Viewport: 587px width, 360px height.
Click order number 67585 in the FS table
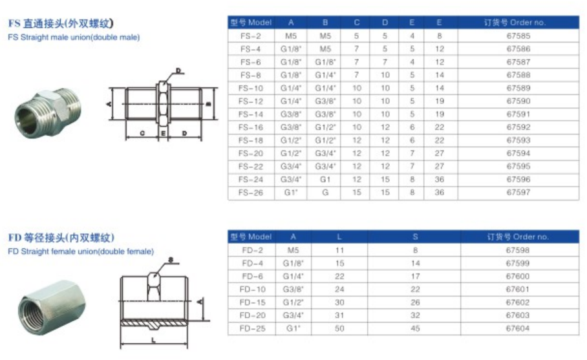coord(518,36)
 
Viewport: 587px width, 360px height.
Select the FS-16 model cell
coord(250,127)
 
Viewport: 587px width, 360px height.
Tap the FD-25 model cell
coord(252,328)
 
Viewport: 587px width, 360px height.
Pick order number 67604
coord(517,328)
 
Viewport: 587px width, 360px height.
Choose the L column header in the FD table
coord(339,237)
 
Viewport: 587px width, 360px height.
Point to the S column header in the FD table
coord(415,237)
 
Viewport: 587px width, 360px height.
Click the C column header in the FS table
coord(356,23)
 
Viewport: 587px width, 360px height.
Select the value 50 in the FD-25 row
coord(339,328)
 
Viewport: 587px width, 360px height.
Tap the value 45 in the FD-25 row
coord(415,328)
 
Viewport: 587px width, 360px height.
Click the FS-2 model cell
coord(250,36)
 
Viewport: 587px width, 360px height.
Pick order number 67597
coord(518,193)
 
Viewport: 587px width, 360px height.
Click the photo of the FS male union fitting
coord(48,113)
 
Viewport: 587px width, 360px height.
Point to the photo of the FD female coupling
coord(52,307)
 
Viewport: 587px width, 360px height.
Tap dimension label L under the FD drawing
coord(153,340)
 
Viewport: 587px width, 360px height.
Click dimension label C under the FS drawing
coord(142,133)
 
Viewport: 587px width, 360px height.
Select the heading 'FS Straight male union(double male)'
coord(74,37)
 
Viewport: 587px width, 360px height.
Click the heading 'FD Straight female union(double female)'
coord(81,251)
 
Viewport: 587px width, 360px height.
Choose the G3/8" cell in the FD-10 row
coord(293,290)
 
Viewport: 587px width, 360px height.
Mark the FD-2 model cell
coord(252,250)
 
